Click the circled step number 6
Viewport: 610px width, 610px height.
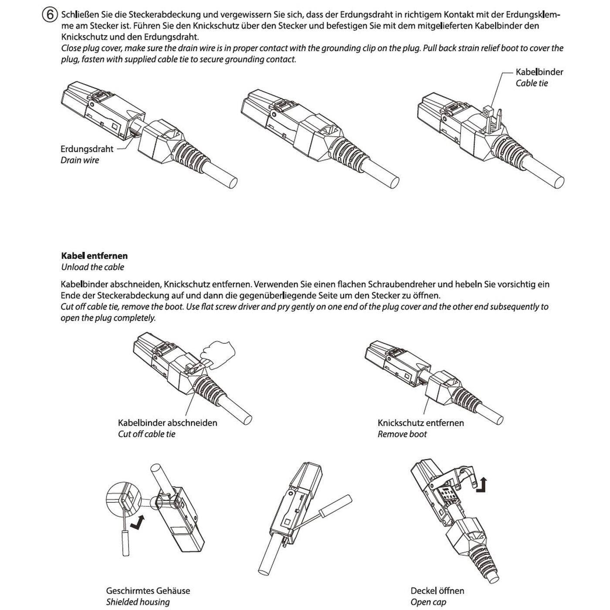tap(50, 15)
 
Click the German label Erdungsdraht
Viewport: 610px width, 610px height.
tap(87, 149)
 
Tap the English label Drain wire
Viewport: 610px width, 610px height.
tap(80, 160)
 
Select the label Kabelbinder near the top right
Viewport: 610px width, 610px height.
tap(539, 72)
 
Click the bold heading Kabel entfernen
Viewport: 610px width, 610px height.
tap(94, 256)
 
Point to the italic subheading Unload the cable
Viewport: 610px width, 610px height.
tap(92, 267)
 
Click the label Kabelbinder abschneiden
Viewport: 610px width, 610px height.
tap(167, 423)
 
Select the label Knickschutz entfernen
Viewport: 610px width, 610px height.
tap(420, 423)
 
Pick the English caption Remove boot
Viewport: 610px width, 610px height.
tap(402, 434)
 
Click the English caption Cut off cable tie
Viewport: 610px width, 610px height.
tap(146, 434)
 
